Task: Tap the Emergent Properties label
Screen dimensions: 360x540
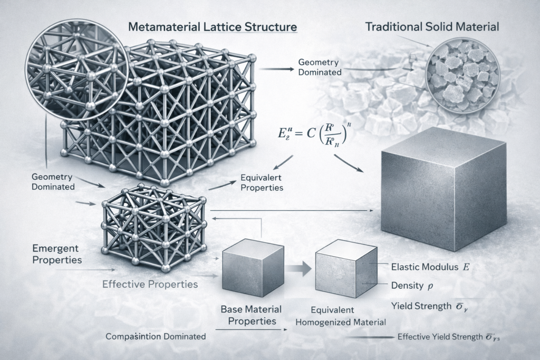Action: click(56, 254)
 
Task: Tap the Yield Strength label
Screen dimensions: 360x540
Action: click(428, 305)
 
